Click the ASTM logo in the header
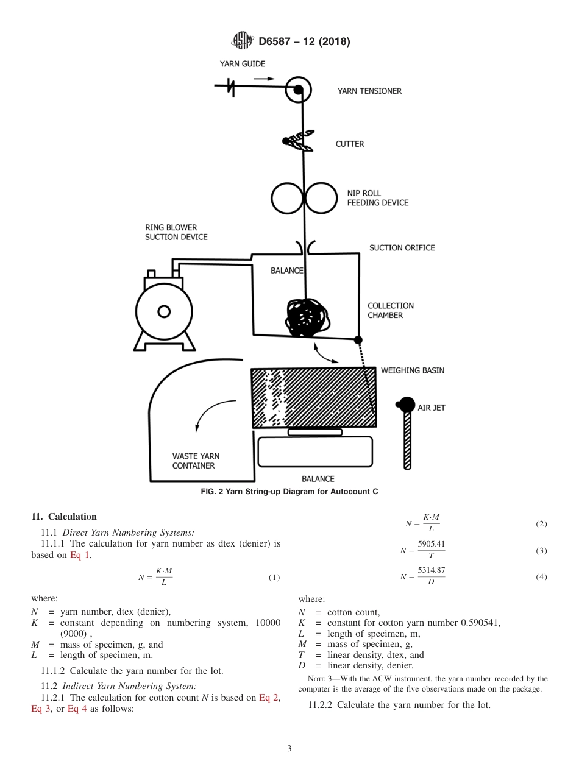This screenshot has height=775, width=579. click(243, 41)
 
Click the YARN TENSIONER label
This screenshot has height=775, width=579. click(369, 91)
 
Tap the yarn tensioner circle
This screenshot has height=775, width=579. click(298, 90)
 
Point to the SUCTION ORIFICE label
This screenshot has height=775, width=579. click(402, 248)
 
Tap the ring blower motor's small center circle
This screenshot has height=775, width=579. click(163, 312)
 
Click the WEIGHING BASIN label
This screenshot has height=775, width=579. click(413, 370)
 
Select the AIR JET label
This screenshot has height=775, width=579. click(431, 408)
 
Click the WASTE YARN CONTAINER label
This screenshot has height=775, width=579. click(196, 461)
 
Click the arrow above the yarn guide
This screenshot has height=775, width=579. click(264, 79)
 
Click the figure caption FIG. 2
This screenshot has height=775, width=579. click(289, 491)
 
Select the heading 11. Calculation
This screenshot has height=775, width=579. click(64, 517)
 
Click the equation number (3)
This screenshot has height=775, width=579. click(541, 551)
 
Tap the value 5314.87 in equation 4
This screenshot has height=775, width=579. click(431, 571)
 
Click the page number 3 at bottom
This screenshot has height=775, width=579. click(289, 748)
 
